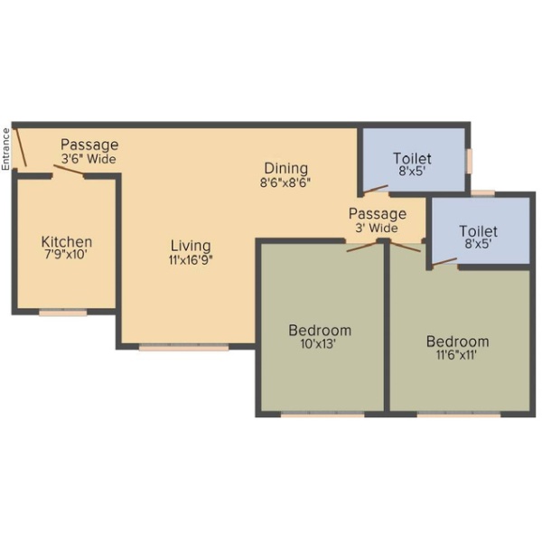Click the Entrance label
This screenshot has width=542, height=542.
coord(5,149)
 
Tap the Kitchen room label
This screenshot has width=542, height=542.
coord(67,241)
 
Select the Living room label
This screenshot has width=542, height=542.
coord(191,246)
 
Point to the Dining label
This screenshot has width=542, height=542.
coord(285,168)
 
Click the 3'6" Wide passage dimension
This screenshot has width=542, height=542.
coord(89,159)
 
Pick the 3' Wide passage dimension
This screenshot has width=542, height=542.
coord(377,228)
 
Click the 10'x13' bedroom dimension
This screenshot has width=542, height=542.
coord(318,344)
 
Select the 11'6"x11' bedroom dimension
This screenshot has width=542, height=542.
coord(456,355)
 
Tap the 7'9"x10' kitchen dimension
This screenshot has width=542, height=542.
coord(65,255)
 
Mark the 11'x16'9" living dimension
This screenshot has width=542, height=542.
coord(191,259)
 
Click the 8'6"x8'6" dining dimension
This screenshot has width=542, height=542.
coord(285,182)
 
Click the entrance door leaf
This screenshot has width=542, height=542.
coord(21,147)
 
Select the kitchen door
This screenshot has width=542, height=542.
coord(69,170)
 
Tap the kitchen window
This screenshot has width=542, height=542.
coord(63,313)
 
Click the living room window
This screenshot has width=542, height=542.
coord(184,348)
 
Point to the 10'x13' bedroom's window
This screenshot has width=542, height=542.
coord(322,414)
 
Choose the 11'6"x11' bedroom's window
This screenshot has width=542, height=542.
coord(459,414)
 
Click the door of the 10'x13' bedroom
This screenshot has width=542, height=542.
coord(362,247)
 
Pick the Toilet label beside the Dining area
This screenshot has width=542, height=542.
coord(412,159)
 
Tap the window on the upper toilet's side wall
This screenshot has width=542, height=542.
coord(469,161)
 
